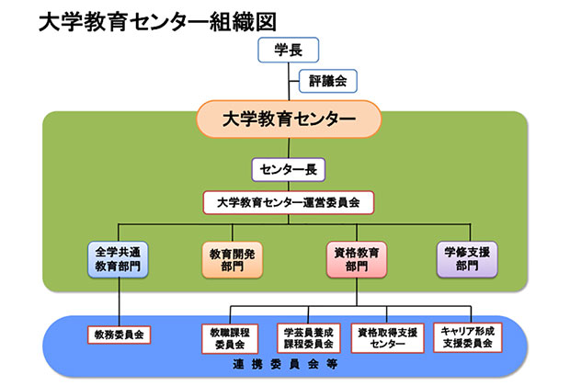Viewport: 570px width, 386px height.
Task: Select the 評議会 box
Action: click(x=327, y=82)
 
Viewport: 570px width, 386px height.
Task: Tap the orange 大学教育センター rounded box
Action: click(x=289, y=119)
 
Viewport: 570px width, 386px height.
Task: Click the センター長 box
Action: click(x=289, y=170)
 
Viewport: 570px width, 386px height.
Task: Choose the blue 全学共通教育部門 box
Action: click(x=119, y=257)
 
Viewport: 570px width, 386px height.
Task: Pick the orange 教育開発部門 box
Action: click(x=233, y=259)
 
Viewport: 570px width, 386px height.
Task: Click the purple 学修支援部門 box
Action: click(x=465, y=258)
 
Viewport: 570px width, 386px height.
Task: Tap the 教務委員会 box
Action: click(x=120, y=335)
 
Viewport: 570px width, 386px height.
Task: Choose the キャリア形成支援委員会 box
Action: click(x=466, y=337)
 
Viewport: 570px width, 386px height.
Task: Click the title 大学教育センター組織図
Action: click(x=156, y=21)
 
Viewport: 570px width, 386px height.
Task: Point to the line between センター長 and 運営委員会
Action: click(x=289, y=185)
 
